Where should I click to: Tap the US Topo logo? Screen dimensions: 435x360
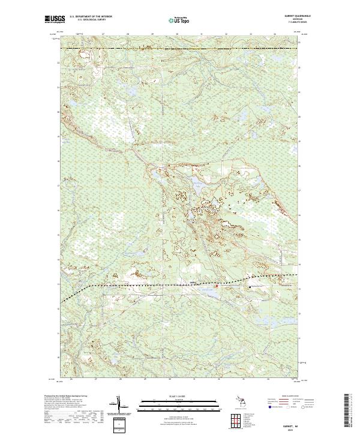tap(179, 20)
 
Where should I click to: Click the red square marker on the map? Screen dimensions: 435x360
tap(217, 286)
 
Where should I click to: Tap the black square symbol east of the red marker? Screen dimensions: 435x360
tap(250, 287)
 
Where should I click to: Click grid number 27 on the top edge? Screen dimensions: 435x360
tap(103, 34)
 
